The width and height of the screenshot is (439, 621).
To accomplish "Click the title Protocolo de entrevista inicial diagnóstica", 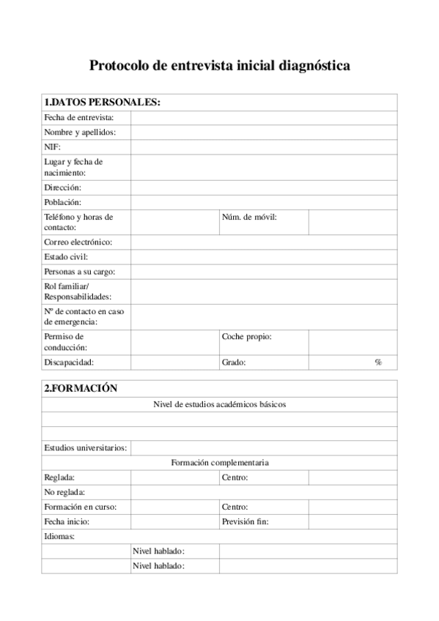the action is coord(219,66).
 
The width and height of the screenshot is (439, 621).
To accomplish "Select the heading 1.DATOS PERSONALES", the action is coord(102,103).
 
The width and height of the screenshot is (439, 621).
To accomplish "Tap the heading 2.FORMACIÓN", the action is coord(81,389).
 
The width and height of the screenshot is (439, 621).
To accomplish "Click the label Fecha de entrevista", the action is coord(79,118).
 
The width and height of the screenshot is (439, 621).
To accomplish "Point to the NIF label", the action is coord(52,147).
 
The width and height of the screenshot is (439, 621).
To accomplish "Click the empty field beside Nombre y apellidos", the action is coord(264,133).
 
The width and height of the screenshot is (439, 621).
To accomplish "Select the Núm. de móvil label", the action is coord(249,217).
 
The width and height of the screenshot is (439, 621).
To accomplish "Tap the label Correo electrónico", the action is coord(78,242).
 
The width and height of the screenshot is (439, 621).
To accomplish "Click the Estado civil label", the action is coord(66,257).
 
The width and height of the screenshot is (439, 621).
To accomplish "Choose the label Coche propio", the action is coord(247,337).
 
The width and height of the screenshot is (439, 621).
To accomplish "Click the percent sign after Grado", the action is coord(378,362).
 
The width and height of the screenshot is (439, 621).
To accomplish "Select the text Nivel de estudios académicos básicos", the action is coord(219,404).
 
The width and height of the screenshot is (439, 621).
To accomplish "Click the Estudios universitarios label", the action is coord(85,448).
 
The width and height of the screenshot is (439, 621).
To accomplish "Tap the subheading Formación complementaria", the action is coord(219,463).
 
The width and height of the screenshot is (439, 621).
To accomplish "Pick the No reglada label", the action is coord(64,492).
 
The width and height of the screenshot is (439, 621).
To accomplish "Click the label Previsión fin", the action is coord(245,521).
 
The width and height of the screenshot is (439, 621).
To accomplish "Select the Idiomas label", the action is coord(59,536).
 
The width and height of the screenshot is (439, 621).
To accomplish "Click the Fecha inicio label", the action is coord(67,521).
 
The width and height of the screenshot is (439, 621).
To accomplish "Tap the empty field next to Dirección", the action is coord(264,187).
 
